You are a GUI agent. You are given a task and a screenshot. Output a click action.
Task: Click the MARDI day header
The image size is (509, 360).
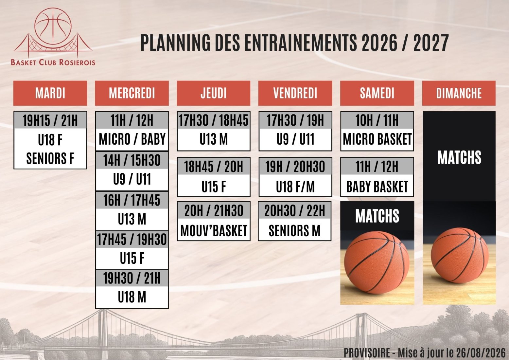coord(50,93)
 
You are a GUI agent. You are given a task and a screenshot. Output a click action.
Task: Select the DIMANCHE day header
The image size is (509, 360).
coord(459,93)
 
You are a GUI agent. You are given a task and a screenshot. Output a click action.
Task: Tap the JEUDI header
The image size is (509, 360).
coord(213,93)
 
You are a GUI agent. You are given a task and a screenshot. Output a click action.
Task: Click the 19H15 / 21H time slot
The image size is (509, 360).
coord(50,120)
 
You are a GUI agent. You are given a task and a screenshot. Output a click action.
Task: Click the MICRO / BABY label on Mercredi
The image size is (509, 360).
coord(132,139)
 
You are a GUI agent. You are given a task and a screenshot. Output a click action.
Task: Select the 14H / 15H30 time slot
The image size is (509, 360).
coord(132,160)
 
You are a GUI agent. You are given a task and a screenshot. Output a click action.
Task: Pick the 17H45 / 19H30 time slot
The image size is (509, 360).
coord(132,239)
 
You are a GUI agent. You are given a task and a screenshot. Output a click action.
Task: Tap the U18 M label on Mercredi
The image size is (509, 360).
coord(132,297)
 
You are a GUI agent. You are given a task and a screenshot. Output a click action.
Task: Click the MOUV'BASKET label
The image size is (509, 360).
coord(214,230)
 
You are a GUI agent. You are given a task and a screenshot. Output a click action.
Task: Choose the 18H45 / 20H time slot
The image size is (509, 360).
coord(213,167)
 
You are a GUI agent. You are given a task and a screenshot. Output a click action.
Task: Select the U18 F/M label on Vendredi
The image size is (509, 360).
coord(295,187)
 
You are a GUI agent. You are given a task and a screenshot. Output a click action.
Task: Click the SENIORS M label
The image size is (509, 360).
coord(294,230)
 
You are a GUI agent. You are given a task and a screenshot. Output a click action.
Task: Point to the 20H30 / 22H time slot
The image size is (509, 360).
coord(294,210)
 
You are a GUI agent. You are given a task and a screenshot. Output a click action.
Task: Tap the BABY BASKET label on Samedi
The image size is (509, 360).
coord(377,187)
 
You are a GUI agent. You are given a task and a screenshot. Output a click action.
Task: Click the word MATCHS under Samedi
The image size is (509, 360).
coord(377,216)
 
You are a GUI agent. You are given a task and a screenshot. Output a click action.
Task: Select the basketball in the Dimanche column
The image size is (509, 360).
coord(460,255)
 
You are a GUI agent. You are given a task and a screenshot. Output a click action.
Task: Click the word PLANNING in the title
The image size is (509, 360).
coord(175,43)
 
